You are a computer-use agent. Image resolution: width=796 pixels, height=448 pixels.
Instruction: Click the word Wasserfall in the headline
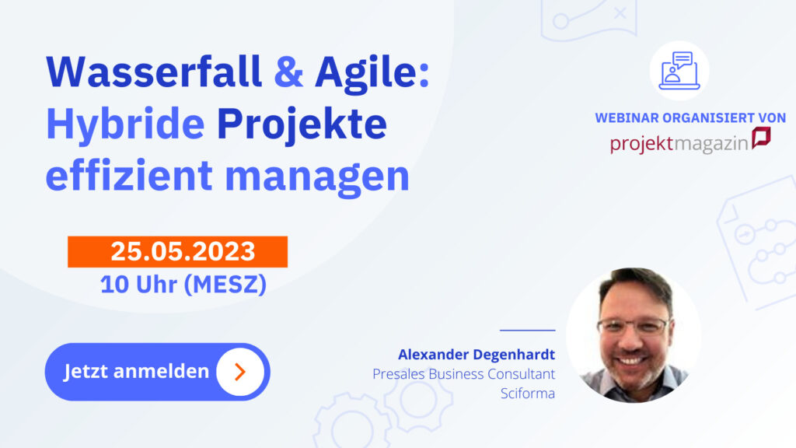[x=154, y=72]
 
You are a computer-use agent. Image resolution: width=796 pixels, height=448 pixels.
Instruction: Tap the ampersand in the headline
[x=288, y=72]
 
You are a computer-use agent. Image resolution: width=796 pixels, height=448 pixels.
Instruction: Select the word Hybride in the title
[x=125, y=125]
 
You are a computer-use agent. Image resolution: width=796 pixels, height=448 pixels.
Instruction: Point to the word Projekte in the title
[x=302, y=125]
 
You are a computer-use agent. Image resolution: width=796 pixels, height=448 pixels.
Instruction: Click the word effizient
[x=129, y=175]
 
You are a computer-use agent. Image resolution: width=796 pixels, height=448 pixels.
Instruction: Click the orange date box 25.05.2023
[x=178, y=251]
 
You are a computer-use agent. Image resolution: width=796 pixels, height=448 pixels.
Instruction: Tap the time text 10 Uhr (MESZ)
[x=183, y=285]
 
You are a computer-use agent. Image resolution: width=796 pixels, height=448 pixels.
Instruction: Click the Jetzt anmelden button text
[x=136, y=371]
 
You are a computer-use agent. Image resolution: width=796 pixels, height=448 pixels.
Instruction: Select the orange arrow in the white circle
[x=241, y=372]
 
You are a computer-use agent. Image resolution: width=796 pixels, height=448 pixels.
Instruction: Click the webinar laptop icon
[x=679, y=71]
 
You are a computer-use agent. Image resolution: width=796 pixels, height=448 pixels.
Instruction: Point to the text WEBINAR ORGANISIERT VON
[x=690, y=118]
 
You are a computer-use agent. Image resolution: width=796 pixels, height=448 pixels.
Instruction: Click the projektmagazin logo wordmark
[x=679, y=143]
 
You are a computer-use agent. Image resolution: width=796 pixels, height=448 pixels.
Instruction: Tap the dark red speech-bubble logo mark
[x=761, y=137]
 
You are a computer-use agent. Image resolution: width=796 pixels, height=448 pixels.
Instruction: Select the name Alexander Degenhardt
[x=477, y=355]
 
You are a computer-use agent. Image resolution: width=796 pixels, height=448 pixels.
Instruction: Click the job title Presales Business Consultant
[x=463, y=374]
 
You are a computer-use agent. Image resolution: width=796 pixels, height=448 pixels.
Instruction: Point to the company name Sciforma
[x=528, y=394]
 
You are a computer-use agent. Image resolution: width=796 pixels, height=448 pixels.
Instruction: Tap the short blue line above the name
[x=528, y=330]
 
